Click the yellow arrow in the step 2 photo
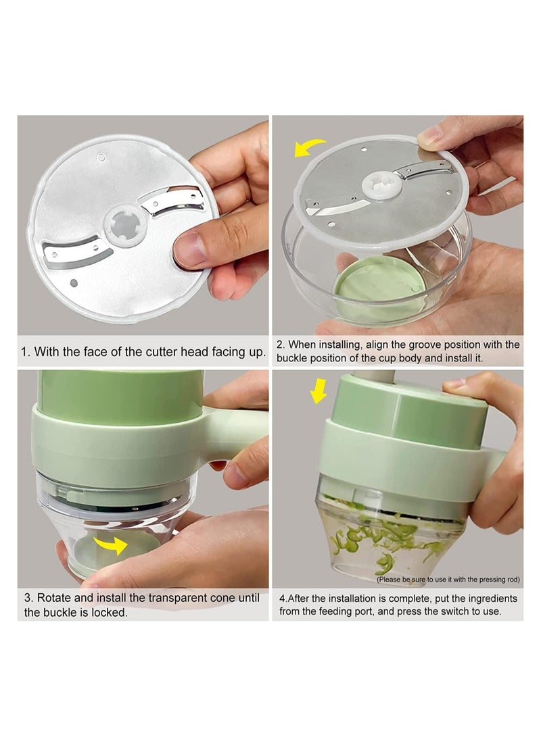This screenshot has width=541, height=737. click(309, 147)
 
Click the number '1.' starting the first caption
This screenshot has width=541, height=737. click(26, 352)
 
